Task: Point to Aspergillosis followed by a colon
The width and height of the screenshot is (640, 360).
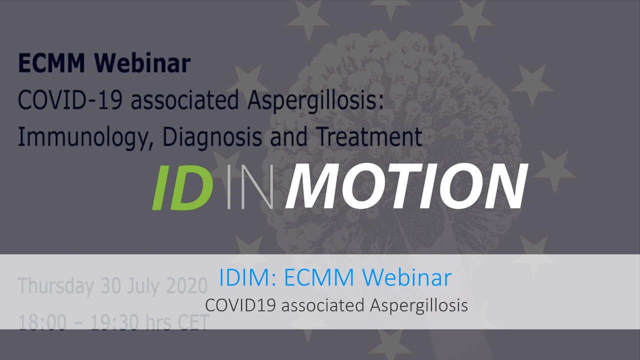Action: point(315,101)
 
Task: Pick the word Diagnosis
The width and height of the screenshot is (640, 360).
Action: point(212,137)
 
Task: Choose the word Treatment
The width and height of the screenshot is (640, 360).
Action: point(370,136)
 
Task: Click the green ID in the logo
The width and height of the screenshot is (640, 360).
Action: point(183,187)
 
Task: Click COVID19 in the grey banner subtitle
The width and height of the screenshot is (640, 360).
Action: point(240,305)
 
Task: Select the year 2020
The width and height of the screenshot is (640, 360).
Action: point(187,285)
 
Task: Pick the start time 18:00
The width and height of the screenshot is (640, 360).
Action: point(42,322)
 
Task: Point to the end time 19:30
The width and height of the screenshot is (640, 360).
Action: point(115,322)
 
